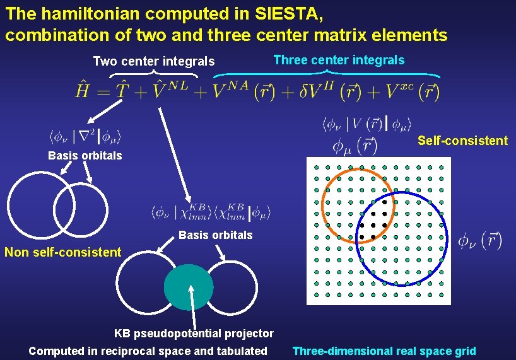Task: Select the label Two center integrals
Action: [154, 61]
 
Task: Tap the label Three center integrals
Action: [339, 60]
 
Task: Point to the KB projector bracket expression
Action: [211, 212]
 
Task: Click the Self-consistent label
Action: [462, 141]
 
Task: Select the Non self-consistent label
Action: [62, 252]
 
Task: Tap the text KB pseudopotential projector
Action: [194, 333]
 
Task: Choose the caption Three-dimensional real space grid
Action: [384, 351]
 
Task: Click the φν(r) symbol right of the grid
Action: [480, 240]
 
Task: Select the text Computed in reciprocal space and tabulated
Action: [148, 351]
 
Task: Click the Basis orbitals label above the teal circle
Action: [216, 235]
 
